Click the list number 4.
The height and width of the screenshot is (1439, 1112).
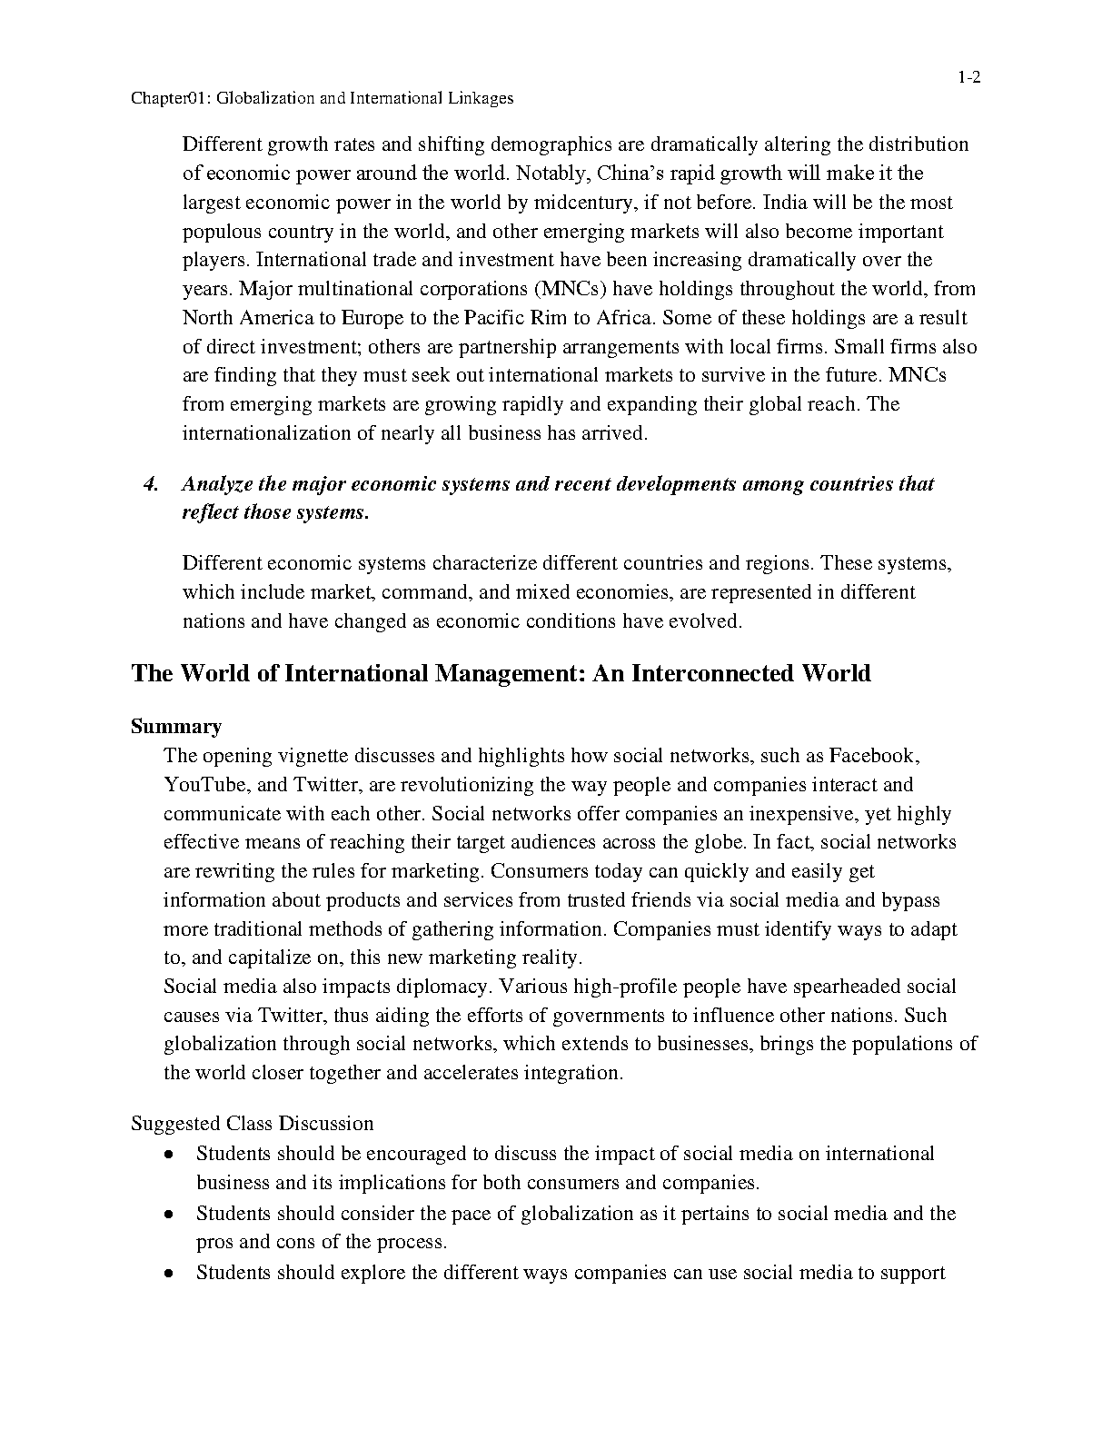pos(152,483)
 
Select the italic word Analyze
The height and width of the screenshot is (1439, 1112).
pos(217,484)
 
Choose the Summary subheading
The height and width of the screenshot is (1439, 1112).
pos(176,727)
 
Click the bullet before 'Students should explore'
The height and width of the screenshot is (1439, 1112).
pos(169,1274)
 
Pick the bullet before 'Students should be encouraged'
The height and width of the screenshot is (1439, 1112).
pos(169,1155)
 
